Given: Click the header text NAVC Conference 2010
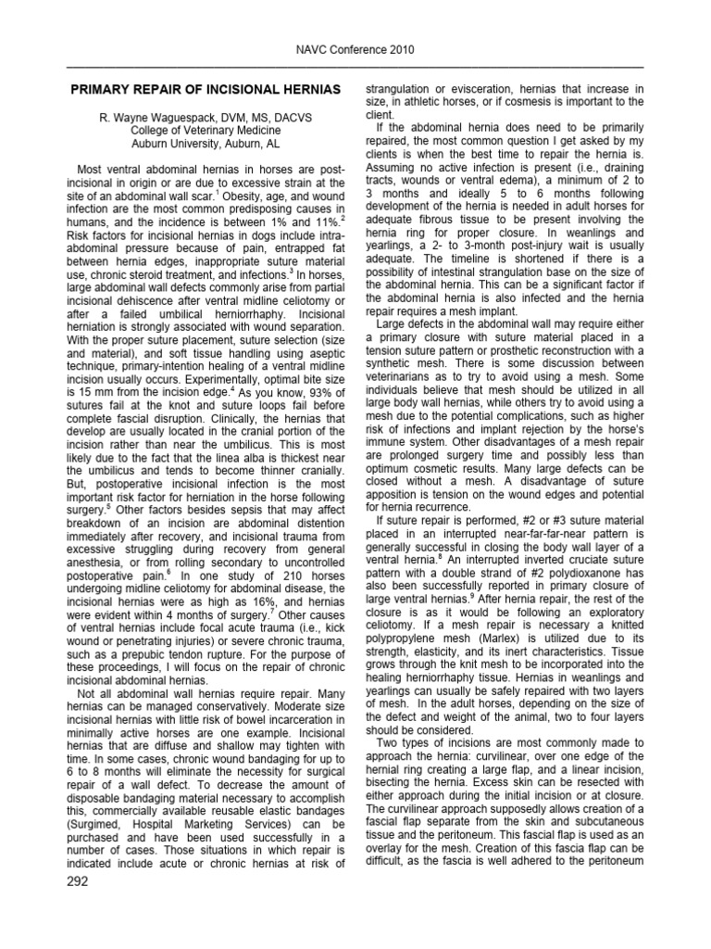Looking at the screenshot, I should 355,49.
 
